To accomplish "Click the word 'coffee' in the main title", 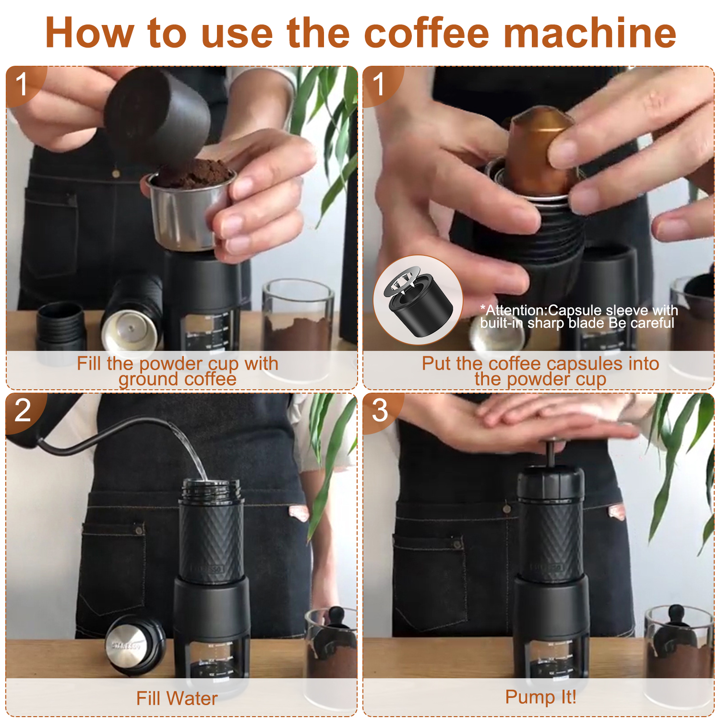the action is [426, 33].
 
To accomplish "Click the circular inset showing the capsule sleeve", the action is [418, 300].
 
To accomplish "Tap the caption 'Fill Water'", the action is [177, 698].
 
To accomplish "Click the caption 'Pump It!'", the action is [541, 697].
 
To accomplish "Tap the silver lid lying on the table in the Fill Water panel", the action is [135, 645].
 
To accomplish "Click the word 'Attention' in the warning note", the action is [515, 311].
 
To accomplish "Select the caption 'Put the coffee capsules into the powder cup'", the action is [540, 371].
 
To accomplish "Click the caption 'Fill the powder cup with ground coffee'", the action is [178, 371].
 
